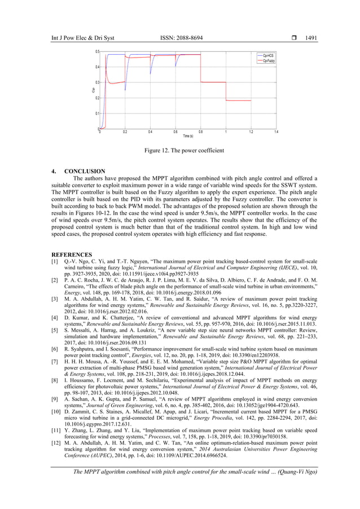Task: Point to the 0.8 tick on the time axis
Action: (x=200, y=131)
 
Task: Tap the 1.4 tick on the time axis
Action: (x=275, y=131)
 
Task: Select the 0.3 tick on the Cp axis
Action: (x=97, y=82)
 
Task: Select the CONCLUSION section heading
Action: (x=85, y=171)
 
